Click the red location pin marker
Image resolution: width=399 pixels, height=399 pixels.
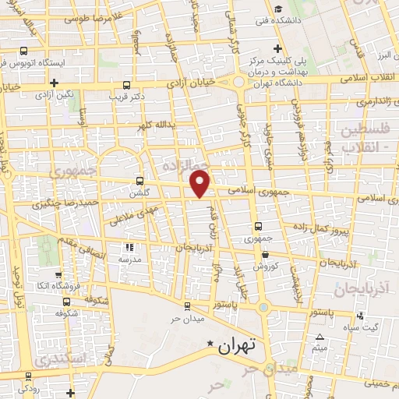[x=200, y=184]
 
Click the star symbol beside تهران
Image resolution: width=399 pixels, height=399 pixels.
[x=209, y=343]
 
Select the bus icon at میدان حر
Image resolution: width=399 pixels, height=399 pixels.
[x=186, y=305]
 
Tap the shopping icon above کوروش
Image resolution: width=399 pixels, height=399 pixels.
[x=265, y=254]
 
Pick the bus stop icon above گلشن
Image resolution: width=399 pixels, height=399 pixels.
[x=140, y=178]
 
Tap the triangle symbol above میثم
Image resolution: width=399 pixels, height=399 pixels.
[x=320, y=337]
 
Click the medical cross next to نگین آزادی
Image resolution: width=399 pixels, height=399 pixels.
[x=54, y=83]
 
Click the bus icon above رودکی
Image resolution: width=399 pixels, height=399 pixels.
[x=29, y=375]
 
